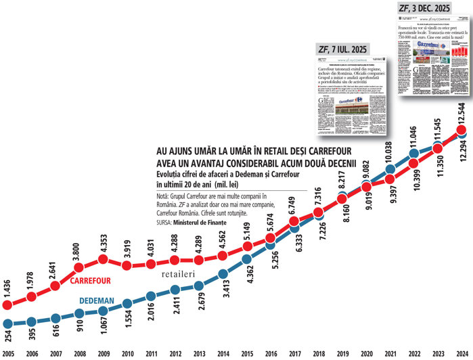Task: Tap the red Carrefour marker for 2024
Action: [460, 129]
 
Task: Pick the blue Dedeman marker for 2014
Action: [223, 274]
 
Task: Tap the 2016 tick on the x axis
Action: [269, 353]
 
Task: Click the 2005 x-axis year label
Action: [9, 353]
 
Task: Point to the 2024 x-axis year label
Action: [460, 353]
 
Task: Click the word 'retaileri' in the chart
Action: [181, 276]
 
